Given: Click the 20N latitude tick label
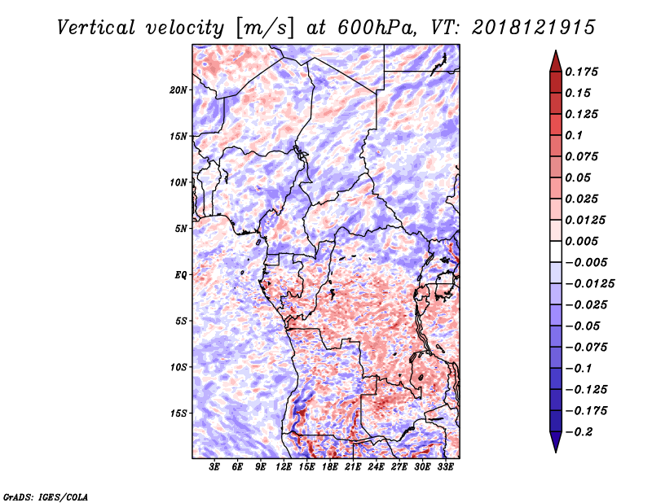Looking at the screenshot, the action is coord(178,90).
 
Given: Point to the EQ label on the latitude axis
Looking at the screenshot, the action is coord(180,275).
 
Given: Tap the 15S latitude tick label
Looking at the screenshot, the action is coord(178,413).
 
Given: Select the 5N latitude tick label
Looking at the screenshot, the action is coord(181,229).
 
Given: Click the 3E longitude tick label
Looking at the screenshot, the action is coord(214,467).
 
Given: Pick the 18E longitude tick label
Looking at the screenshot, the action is coord(330,467).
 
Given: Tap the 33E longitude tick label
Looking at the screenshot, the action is coord(445,467).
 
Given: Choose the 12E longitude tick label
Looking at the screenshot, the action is coord(284,467).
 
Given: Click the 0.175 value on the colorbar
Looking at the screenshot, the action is coord(581,72).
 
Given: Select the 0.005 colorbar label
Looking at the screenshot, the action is coord(581,241).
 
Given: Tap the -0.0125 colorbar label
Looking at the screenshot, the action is coord(589,284).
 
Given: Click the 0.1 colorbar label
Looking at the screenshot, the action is coord(574,135).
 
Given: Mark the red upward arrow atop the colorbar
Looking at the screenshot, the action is coord(556,61).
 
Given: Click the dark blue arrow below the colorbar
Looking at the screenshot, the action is coord(556,442).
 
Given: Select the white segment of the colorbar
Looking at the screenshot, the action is coord(556,251).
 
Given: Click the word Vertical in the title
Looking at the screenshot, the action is coord(96,28).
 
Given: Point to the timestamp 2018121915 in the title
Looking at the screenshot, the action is coord(534,28).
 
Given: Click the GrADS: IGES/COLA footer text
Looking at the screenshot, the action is coord(46,496).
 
